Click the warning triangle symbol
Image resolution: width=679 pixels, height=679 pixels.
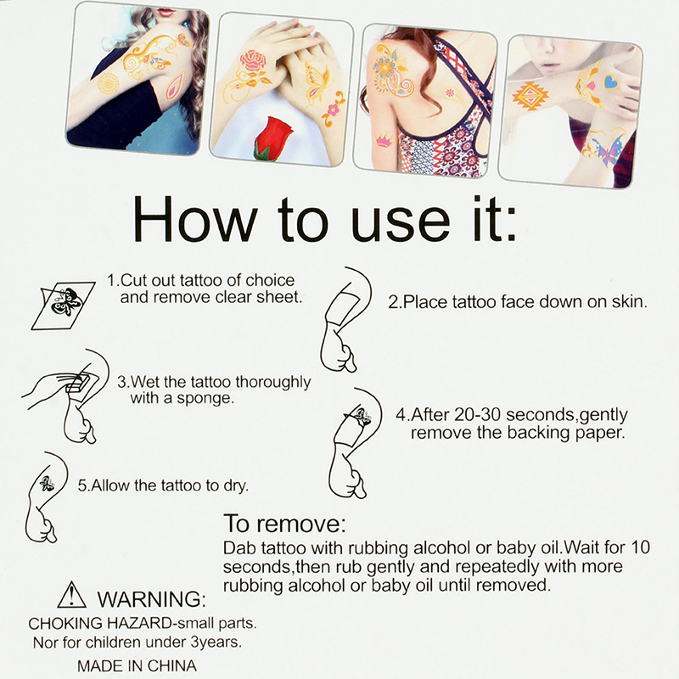[x=71, y=595]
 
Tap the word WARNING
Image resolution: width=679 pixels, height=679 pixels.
[x=152, y=599]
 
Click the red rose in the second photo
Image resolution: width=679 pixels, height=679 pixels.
[x=272, y=138]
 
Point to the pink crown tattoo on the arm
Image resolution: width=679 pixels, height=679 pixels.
[x=383, y=140]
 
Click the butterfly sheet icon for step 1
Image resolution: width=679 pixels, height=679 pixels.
[x=63, y=306]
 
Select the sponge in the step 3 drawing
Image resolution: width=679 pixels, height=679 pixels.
[x=78, y=382]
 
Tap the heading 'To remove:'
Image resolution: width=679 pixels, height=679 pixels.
[x=285, y=524]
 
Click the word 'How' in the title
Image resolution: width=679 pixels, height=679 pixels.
[x=195, y=220]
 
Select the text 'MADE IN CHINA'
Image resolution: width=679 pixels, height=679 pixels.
[x=137, y=666]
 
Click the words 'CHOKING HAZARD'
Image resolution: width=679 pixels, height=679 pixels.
[x=100, y=624]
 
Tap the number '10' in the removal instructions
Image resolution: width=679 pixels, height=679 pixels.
[x=641, y=547]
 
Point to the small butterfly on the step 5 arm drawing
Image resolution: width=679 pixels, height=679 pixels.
[x=47, y=483]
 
